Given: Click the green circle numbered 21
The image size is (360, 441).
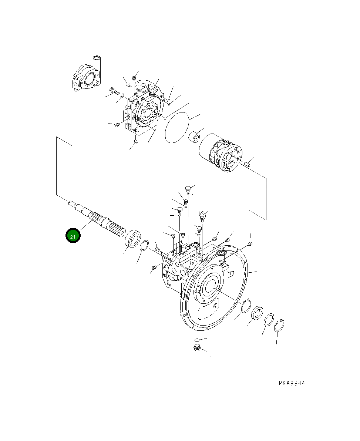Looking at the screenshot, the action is click(73, 235).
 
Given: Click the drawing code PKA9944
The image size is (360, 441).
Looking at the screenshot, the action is click(292, 383).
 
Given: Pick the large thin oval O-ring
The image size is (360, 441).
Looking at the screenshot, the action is click(176, 127).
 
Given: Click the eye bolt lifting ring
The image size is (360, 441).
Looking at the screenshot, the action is click(202, 215).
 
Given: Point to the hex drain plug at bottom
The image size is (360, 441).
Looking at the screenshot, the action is click(197, 348).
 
